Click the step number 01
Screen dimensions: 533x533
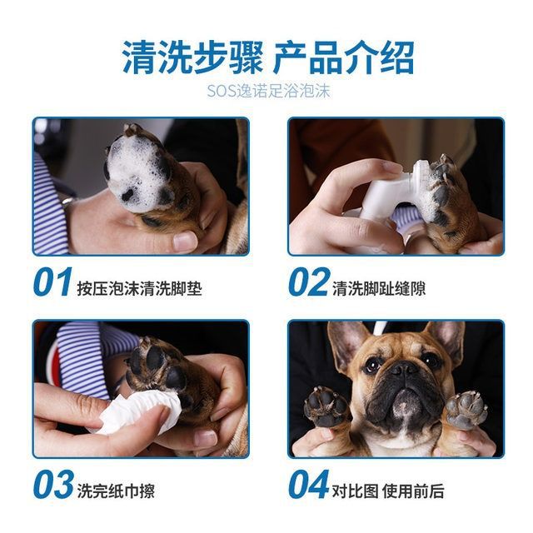click(x=52, y=281)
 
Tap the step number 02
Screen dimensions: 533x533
click(x=309, y=281)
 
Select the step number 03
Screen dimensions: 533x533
click(x=53, y=484)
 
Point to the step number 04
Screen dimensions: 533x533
click(x=309, y=484)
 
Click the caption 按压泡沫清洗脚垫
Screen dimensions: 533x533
click(x=139, y=289)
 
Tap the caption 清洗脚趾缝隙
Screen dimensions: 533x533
click(x=379, y=289)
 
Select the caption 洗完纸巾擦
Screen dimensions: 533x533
click(x=116, y=491)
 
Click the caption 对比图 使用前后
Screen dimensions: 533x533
click(x=388, y=491)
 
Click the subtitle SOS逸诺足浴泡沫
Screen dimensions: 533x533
click(x=268, y=91)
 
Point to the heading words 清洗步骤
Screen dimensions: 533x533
click(x=192, y=57)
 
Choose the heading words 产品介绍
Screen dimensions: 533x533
click(x=344, y=57)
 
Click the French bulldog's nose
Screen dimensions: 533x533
click(x=405, y=368)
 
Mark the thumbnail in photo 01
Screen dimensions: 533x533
click(x=185, y=241)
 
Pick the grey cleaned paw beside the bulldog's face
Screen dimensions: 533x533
click(x=466, y=410)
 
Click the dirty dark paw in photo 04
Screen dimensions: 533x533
click(x=326, y=406)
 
